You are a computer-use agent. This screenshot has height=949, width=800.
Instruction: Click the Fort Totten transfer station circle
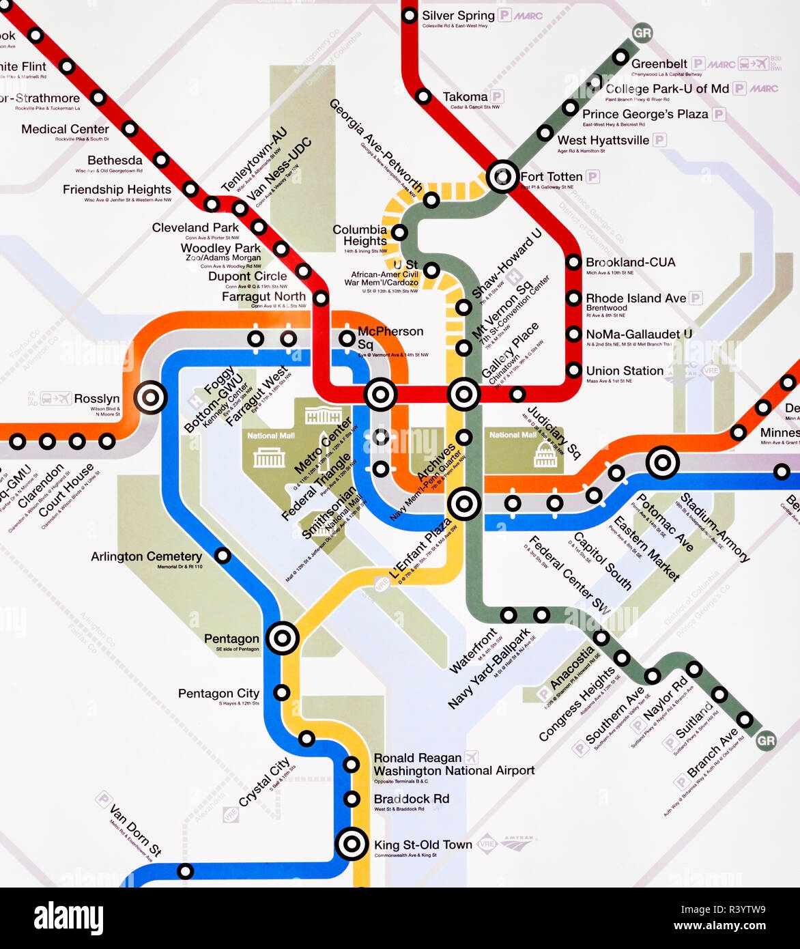click(502, 177)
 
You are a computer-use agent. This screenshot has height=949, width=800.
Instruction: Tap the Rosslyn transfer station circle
click(150, 397)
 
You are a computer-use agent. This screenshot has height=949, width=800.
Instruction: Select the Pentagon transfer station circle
click(281, 638)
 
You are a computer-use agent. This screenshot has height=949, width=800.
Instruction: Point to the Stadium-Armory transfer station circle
click(662, 463)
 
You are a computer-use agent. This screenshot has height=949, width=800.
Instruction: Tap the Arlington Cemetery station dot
click(223, 555)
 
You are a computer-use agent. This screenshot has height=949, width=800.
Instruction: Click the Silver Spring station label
click(458, 16)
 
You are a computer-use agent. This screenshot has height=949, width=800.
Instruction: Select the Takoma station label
click(465, 97)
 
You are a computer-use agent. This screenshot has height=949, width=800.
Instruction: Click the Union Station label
click(625, 371)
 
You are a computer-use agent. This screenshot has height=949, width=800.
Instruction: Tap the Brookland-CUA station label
click(630, 262)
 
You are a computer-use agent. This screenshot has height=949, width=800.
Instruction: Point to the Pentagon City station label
click(218, 694)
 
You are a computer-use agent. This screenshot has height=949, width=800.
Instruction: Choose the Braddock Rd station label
click(411, 799)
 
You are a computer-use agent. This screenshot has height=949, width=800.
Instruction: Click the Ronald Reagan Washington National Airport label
click(453, 765)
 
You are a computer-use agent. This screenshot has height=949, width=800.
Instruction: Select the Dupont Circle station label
click(247, 277)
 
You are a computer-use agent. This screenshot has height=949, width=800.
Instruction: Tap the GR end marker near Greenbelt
click(642, 33)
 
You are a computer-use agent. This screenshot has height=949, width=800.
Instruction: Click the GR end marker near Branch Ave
click(767, 741)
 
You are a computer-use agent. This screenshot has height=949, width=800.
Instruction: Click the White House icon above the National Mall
click(317, 414)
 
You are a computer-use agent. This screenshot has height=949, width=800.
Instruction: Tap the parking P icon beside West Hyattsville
click(659, 140)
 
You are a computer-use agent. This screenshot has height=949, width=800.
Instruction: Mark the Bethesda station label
click(115, 160)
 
